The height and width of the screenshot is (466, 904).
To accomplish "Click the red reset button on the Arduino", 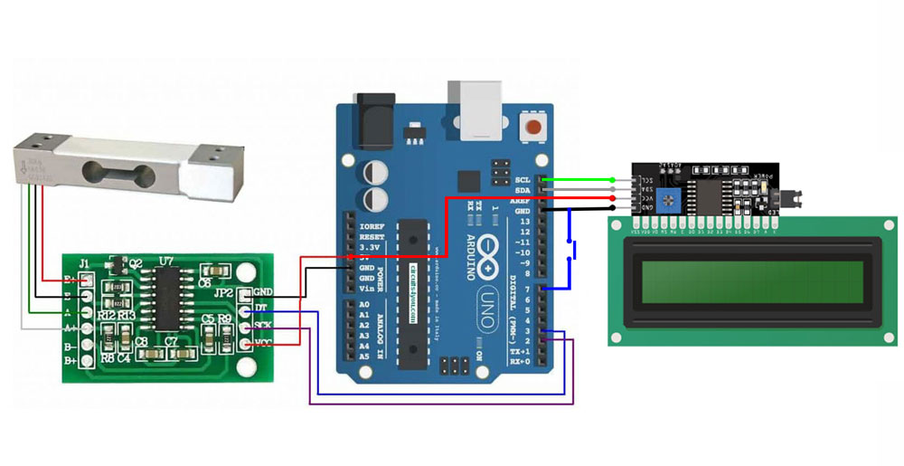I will point(538,127).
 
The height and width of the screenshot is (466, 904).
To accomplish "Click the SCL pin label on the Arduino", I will point(523,179).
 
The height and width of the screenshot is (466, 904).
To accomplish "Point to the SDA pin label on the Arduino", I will point(523,190).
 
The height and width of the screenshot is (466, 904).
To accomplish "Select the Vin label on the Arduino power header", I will point(367,289).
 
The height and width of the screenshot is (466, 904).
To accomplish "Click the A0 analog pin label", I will point(364,305).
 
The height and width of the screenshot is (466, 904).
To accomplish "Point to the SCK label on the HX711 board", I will point(263,325).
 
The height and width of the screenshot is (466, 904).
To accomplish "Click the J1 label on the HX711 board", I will point(84,264).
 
